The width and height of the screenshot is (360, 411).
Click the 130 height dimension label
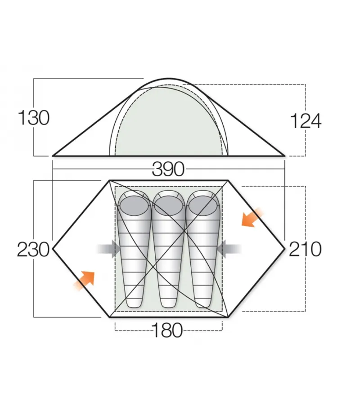pyautogui.click(x=33, y=118)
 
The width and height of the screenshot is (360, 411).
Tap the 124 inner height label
pyautogui.click(x=306, y=121)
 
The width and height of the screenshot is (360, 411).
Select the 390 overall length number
pyautogui.click(x=169, y=170)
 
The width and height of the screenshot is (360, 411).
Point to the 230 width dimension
pyautogui.click(x=33, y=249)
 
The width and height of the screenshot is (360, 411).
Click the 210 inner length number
pyautogui.click(x=305, y=249)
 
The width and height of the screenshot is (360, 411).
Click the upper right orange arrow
pyautogui.click(x=251, y=218)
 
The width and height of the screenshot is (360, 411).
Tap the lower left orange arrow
pyautogui.click(x=85, y=280)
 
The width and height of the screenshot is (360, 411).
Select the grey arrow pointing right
pyautogui.click(x=109, y=249)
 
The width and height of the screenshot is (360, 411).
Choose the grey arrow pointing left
pyautogui.click(x=229, y=249)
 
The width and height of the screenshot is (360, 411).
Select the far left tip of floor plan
pyautogui.click(x=54, y=249)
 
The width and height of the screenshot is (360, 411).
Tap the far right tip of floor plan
pyautogui.click(x=285, y=249)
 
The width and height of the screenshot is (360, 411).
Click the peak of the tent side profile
pyautogui.click(x=169, y=79)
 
